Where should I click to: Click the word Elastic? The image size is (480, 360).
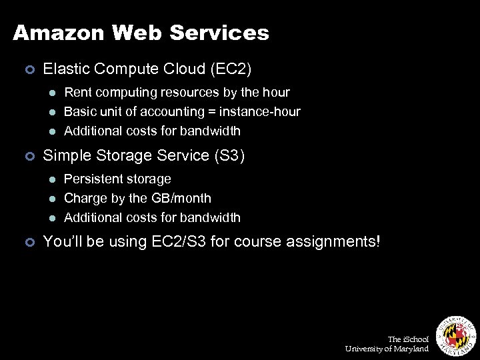point(64,69)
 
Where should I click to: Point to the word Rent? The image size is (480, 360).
point(78,92)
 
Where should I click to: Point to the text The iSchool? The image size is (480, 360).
point(408,339)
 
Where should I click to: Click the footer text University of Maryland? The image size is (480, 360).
point(387,349)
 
